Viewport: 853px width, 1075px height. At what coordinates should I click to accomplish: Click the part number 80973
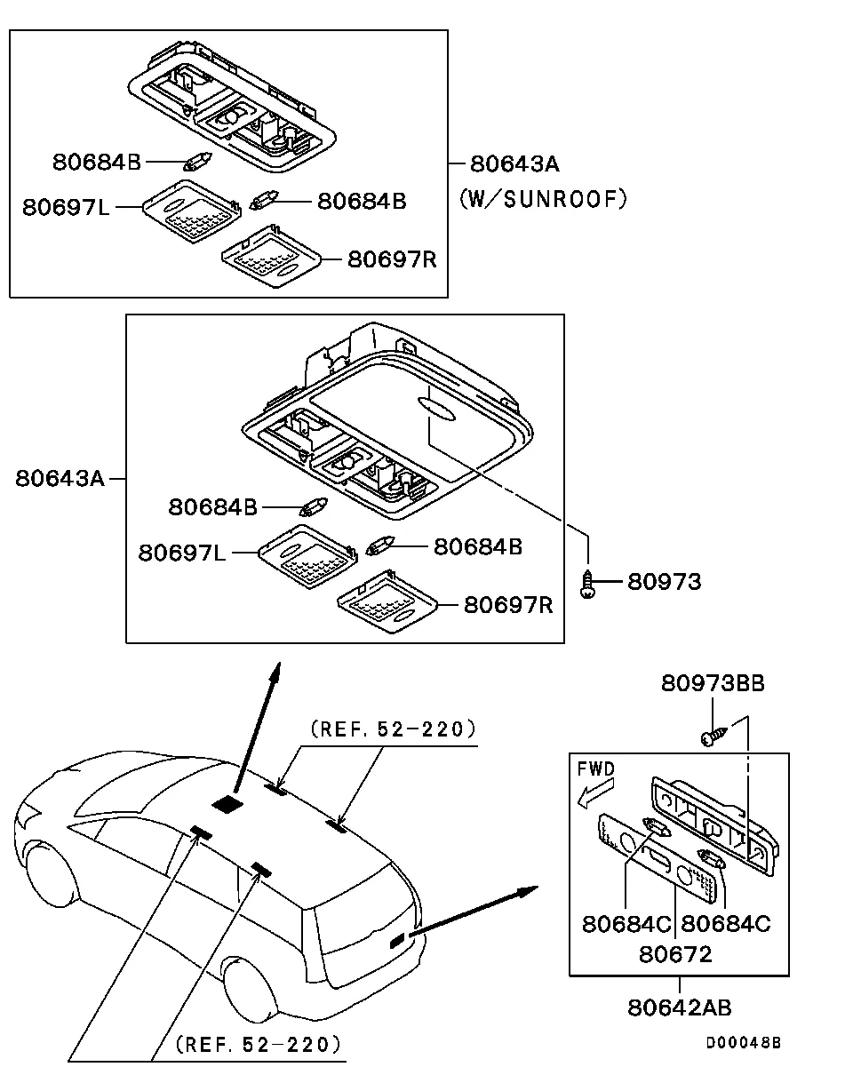(x=664, y=582)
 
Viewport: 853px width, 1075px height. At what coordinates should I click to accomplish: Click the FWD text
(x=595, y=768)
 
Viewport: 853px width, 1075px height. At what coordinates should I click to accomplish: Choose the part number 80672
(x=675, y=954)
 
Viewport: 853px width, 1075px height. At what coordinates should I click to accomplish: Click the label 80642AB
(x=680, y=1007)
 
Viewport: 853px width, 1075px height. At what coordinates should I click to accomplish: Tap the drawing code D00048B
(x=744, y=1043)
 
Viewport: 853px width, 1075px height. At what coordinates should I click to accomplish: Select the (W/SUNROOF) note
(x=543, y=199)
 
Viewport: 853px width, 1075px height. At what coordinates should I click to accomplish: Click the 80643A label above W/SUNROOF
(x=514, y=163)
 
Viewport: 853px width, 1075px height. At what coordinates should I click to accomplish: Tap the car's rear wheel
(x=250, y=987)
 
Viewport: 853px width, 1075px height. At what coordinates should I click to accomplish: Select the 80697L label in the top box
(x=67, y=207)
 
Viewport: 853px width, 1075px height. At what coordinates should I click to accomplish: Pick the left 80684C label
(x=626, y=924)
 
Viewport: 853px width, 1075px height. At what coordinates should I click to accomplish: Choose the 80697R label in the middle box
(x=508, y=605)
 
